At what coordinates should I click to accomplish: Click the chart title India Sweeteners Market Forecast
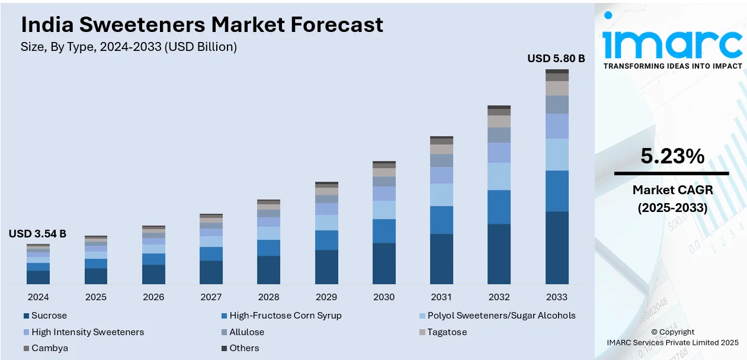tap(201, 25)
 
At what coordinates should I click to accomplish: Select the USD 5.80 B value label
tap(556, 59)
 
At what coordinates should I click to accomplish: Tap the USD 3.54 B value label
tap(37, 234)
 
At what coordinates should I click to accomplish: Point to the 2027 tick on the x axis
tap(211, 297)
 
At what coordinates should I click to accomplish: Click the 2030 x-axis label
tap(384, 297)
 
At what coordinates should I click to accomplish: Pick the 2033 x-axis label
tap(557, 297)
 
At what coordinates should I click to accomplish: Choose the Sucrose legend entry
tap(49, 316)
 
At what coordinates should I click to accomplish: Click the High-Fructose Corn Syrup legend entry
tap(285, 316)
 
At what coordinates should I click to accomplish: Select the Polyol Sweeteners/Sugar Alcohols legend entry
tap(501, 316)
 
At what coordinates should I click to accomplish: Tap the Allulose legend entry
tap(246, 332)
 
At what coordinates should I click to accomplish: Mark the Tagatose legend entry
tap(447, 332)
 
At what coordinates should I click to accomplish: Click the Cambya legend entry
tap(49, 348)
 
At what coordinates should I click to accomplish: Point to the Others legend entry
tap(244, 348)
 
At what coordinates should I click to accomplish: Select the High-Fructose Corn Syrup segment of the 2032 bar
tap(499, 207)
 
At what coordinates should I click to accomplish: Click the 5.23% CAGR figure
tap(672, 156)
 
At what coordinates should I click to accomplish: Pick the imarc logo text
tap(672, 41)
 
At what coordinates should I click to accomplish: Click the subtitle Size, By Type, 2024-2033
tap(129, 47)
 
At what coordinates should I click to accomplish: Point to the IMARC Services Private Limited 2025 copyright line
tap(672, 342)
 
